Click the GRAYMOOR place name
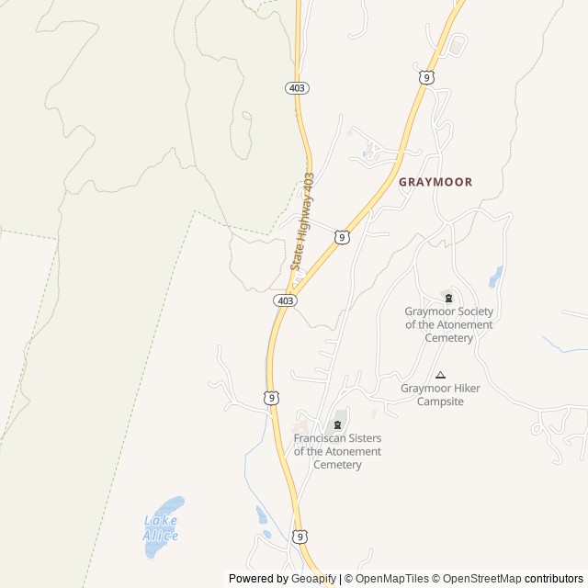click(435, 182)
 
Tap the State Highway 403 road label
click(302, 221)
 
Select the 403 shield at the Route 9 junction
click(285, 300)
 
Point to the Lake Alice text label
click(161, 528)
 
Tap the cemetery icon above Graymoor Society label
click(448, 297)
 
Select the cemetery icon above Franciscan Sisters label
click(337, 424)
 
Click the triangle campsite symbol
click(440, 375)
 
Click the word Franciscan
click(320, 438)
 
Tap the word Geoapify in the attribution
click(313, 579)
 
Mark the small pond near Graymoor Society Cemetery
click(496, 276)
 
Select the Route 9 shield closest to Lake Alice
click(300, 537)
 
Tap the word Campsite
click(440, 401)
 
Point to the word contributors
click(554, 579)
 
